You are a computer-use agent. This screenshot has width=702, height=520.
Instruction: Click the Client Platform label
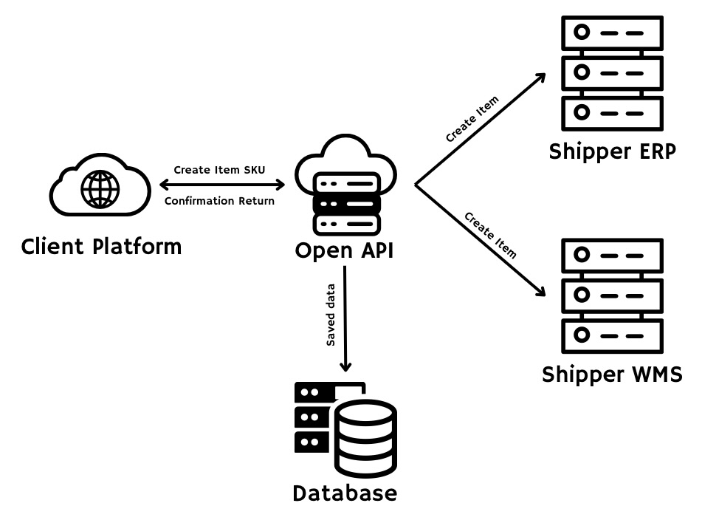tap(101, 246)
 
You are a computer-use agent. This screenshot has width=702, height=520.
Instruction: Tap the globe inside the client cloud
tap(100, 188)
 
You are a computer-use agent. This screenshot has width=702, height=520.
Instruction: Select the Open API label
tap(344, 250)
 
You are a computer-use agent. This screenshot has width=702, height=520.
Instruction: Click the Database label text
tap(345, 493)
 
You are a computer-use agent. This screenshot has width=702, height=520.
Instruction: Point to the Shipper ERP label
tap(611, 151)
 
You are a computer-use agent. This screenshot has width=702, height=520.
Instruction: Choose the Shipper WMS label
tap(612, 374)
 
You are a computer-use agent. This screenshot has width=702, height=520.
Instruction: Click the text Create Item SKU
tap(219, 170)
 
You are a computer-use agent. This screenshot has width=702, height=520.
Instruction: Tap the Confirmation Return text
tap(219, 201)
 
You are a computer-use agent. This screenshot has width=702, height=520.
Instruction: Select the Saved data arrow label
tap(331, 315)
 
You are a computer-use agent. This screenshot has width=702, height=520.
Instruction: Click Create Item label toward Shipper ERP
tap(472, 119)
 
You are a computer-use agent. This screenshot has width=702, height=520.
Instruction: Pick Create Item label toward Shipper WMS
tap(489, 235)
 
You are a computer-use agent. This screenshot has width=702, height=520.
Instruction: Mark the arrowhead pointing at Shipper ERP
tap(540, 78)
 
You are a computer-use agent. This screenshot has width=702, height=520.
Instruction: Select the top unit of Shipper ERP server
tap(610, 33)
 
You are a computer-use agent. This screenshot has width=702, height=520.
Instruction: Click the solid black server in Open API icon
tap(347, 202)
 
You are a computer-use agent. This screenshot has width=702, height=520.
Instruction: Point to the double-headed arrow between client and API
tap(219, 185)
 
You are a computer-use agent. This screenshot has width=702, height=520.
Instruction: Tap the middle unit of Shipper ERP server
tap(610, 73)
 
